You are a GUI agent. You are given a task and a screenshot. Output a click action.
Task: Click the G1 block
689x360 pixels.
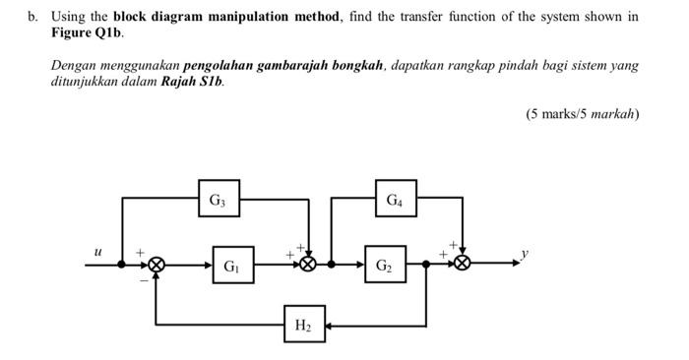230,265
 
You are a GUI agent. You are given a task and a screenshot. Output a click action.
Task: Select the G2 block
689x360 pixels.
384,265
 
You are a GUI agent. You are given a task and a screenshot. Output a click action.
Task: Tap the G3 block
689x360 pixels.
218,200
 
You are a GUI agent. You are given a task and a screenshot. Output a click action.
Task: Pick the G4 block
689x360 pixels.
394,200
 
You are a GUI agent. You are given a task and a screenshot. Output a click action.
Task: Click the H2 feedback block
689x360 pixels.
303,325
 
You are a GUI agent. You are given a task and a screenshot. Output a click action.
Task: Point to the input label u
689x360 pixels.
96,252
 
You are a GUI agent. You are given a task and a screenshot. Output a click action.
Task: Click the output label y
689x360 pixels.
525,253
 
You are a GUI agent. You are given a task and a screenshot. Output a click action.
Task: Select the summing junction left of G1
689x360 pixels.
157,264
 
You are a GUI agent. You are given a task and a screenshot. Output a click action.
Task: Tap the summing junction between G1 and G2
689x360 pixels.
309,264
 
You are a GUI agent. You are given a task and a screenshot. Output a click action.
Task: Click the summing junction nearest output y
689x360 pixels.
462,264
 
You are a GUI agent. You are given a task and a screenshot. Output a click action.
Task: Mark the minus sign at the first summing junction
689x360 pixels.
144,280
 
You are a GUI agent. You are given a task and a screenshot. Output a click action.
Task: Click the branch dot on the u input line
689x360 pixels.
122,264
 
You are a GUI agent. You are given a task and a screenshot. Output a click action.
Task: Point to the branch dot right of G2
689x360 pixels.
426,264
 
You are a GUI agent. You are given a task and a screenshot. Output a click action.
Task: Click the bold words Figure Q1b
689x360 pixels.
88,32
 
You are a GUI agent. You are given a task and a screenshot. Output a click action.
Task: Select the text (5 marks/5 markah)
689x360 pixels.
582,114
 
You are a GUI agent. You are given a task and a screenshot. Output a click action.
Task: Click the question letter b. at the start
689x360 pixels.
32,17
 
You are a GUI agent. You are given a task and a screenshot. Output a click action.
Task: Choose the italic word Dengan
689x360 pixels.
74,66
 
